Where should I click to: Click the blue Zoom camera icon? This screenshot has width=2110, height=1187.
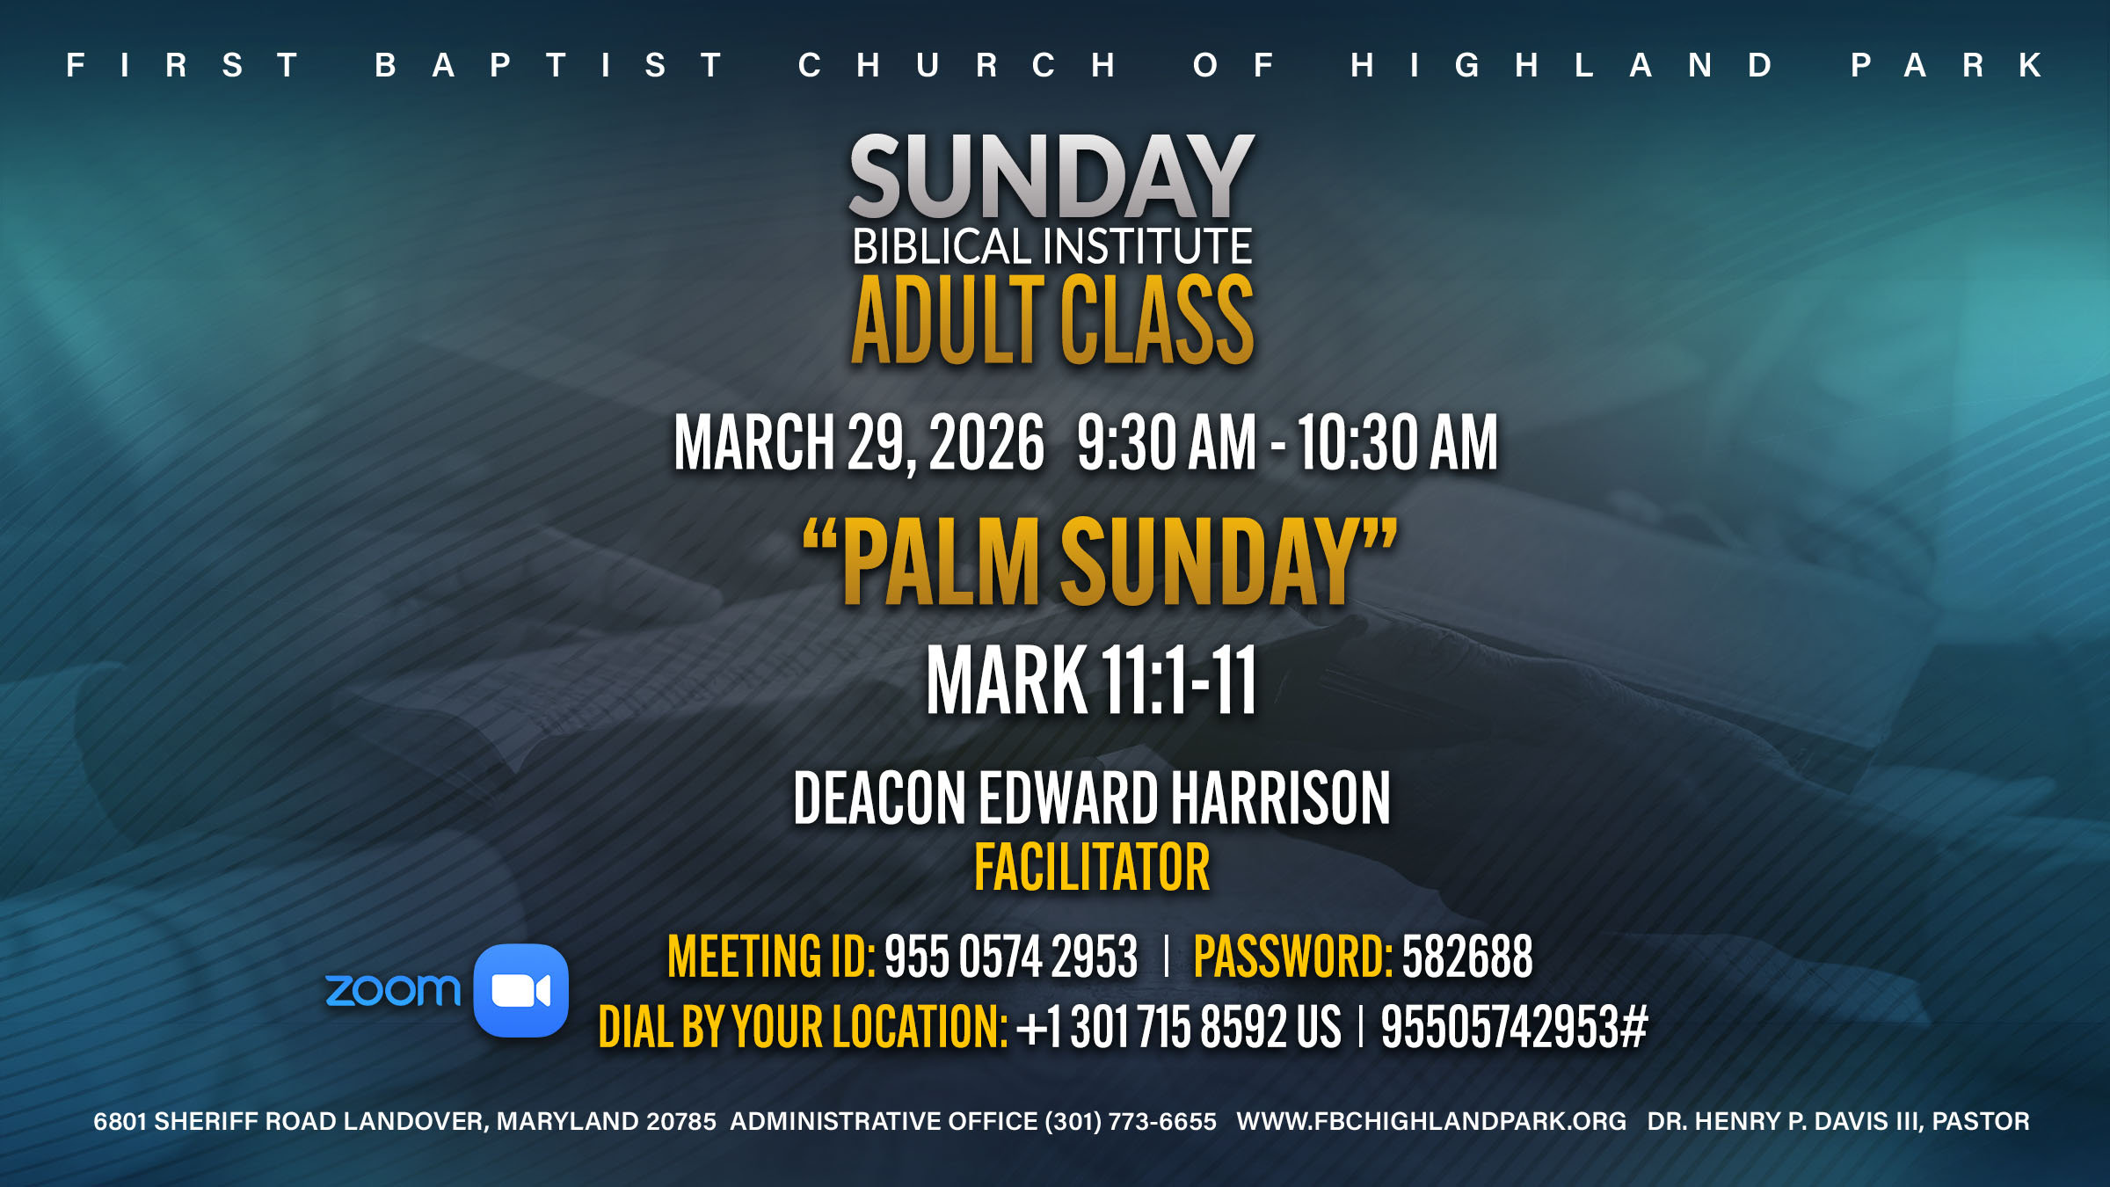pos(521,991)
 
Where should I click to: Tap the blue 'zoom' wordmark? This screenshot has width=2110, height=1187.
pos(392,990)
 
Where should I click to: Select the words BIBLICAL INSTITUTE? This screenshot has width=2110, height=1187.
pos(1051,246)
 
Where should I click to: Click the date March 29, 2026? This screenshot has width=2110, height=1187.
pos(859,443)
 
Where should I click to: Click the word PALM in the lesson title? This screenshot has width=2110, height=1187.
pos(941,563)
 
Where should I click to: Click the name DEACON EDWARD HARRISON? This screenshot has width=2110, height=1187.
pos(1091,798)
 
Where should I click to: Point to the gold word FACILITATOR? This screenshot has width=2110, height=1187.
pos(1092,868)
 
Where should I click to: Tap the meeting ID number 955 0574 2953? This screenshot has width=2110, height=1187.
pos(1011,957)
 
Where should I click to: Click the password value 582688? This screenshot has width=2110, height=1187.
pos(1467,957)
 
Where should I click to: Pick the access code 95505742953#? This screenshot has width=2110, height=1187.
pos(1514,1027)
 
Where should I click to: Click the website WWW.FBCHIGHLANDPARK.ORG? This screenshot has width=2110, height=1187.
pos(1431,1122)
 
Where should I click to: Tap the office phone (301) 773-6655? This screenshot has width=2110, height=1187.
pos(1131,1122)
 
